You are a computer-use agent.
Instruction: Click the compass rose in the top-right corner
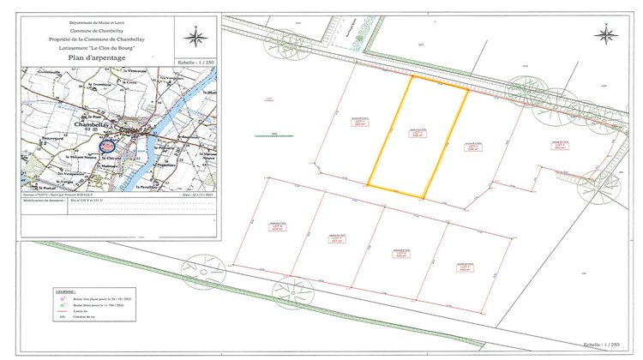coord(608,35)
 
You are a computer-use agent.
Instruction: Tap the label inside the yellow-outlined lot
coord(418,133)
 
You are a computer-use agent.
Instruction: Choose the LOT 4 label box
coord(560,146)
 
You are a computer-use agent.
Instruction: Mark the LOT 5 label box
coord(464,267)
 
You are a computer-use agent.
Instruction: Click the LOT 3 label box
coord(473,146)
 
